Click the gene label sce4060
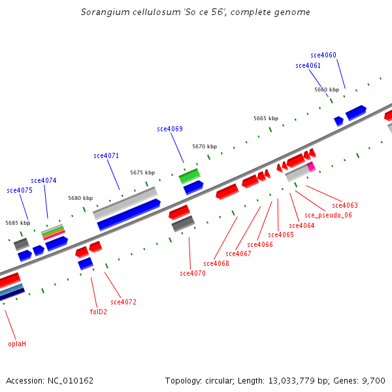click(x=323, y=56)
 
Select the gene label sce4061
click(x=308, y=66)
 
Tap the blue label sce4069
click(x=170, y=129)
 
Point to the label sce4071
click(x=106, y=156)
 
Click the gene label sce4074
click(x=44, y=181)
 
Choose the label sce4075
click(x=20, y=191)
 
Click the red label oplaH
click(x=17, y=344)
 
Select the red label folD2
click(x=98, y=312)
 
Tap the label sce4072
click(x=123, y=302)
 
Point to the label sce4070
click(x=193, y=274)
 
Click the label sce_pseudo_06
click(x=328, y=216)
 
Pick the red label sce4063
click(x=345, y=206)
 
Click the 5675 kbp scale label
click(x=142, y=173)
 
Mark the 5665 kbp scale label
click(x=266, y=119)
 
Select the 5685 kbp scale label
click(x=18, y=223)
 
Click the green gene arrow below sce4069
click(x=189, y=176)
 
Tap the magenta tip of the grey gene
click(x=311, y=167)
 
